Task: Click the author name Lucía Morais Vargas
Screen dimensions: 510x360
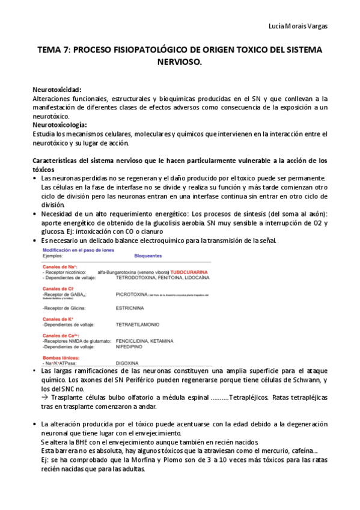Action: pos(298,26)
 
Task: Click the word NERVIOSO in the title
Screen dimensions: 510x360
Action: pos(179,61)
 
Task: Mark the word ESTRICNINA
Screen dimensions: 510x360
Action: pos(129,307)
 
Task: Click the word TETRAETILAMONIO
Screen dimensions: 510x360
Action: pos(138,324)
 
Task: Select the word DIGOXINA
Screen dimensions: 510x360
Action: pos(127,363)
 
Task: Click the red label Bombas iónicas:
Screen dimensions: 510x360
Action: pos(60,358)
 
